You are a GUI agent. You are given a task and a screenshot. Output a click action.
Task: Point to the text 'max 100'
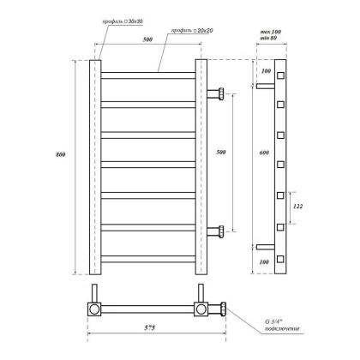(x=269, y=33)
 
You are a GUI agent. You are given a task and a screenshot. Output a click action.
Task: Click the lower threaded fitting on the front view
(x=219, y=229)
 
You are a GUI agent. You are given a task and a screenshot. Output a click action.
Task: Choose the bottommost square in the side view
(x=279, y=257)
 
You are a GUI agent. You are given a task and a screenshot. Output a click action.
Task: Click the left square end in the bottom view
(x=95, y=307)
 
